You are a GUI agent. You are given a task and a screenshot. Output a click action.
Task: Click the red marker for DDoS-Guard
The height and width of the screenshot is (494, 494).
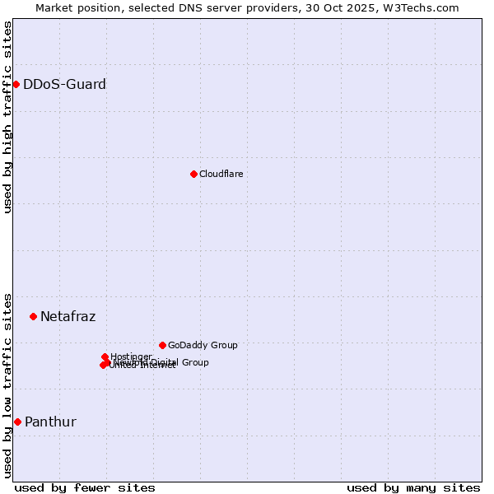point(16,84)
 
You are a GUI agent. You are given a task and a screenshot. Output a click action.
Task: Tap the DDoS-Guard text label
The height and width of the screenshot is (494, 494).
point(64,84)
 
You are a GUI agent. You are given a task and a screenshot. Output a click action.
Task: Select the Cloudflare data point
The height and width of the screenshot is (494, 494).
point(193,174)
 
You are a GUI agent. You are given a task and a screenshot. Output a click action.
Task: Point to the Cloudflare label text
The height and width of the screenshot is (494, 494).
point(221,174)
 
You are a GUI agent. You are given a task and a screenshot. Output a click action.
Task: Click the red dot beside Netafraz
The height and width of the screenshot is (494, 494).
point(33,316)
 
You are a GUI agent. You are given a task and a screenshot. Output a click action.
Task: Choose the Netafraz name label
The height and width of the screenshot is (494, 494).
point(68,316)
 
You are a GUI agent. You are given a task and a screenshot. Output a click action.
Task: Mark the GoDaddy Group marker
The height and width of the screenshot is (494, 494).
point(162,345)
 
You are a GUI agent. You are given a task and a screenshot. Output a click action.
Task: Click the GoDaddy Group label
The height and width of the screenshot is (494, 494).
point(203,345)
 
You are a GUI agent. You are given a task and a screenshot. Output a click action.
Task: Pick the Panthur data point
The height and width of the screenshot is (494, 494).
point(17,422)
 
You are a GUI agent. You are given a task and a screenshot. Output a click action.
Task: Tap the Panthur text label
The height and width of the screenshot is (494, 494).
point(50,422)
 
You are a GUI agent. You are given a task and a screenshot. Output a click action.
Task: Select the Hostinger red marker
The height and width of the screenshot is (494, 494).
point(105,357)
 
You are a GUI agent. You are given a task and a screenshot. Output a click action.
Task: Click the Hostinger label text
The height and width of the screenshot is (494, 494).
point(131,356)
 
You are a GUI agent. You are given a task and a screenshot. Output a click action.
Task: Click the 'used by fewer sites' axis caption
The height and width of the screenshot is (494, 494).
point(85,487)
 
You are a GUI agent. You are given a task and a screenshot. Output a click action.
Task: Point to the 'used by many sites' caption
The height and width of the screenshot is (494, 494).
point(413,487)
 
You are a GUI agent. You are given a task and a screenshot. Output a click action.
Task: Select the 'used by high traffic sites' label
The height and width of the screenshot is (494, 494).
point(7,117)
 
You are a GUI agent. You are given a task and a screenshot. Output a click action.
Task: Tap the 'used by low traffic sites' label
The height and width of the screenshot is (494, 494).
point(7,384)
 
